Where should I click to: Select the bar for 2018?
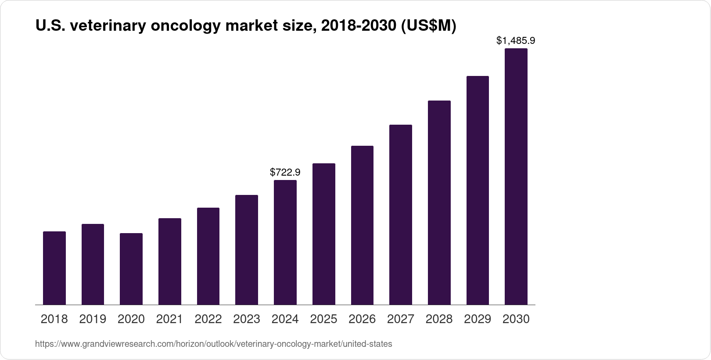[54, 268]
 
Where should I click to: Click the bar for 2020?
[131, 269]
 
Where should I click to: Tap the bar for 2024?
[285, 242]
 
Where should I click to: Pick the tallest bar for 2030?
[516, 176]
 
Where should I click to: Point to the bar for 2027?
[401, 215]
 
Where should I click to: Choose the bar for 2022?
[208, 256]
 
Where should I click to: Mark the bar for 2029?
[478, 190]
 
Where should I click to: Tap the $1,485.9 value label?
[516, 41]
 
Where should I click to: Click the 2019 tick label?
[93, 319]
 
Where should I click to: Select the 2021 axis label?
[169, 319]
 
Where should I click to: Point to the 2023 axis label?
[247, 319]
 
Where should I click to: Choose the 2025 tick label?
[323, 319]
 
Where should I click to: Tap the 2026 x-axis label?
[362, 319]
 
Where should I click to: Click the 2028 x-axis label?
[439, 319]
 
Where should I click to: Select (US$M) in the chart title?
[427, 26]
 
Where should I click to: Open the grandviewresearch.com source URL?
[213, 344]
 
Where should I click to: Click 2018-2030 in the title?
[357, 26]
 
